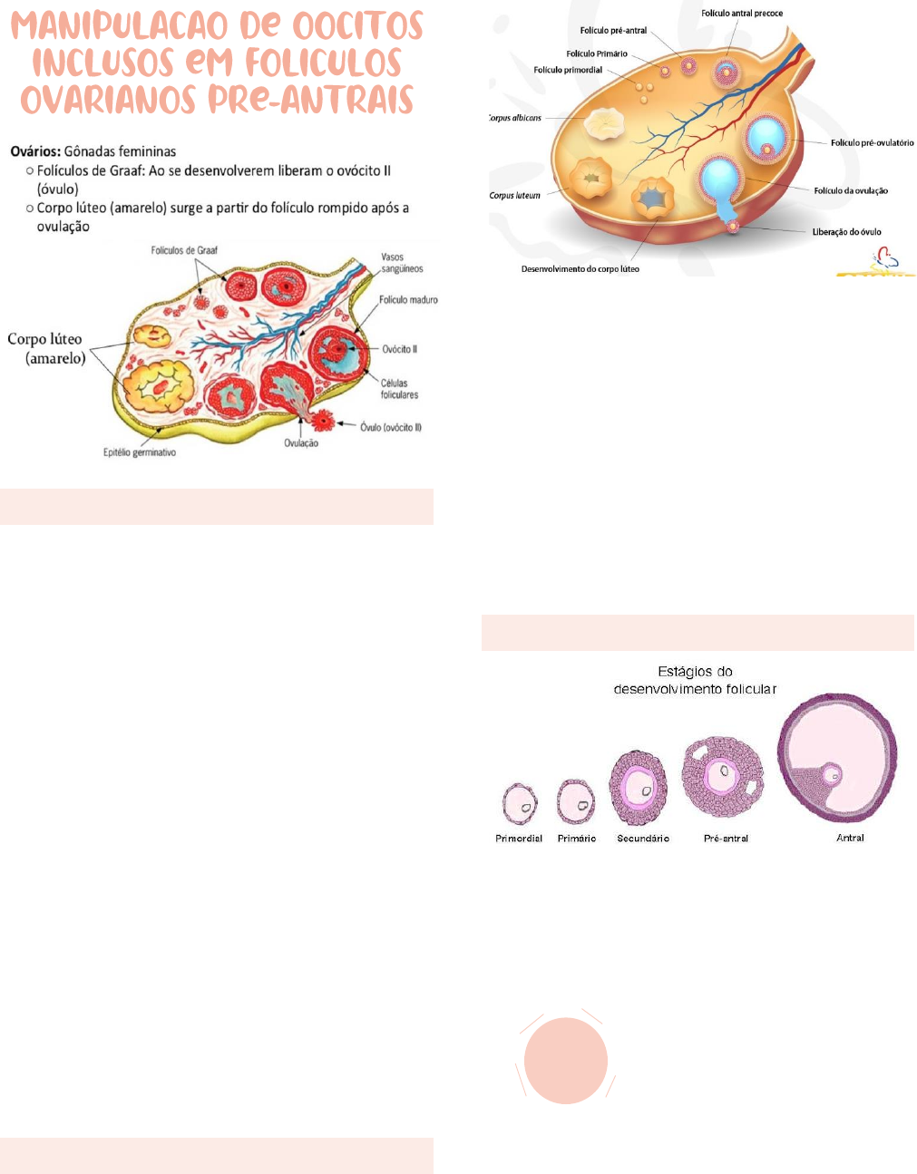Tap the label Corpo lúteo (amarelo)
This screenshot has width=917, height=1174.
[x=45, y=348]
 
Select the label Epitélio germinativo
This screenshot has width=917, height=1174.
[x=140, y=452]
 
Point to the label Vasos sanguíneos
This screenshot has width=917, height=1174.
[x=402, y=263]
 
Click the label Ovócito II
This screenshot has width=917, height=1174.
[x=399, y=349]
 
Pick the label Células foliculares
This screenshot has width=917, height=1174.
[x=399, y=389]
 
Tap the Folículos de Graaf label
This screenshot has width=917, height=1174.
[x=184, y=250]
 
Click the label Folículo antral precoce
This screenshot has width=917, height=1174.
[x=742, y=14]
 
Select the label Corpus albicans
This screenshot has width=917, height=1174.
[x=515, y=118]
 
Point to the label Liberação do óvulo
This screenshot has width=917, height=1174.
[x=846, y=232]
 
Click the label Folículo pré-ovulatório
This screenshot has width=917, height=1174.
[x=872, y=143]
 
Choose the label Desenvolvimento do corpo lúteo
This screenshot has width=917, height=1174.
[x=580, y=269]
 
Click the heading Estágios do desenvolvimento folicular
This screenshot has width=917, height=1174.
[x=695, y=680]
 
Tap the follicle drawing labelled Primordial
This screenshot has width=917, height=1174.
[x=520, y=802]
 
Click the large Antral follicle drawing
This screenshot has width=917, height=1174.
[x=837, y=758]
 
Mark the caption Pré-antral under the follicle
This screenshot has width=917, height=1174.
[x=726, y=839]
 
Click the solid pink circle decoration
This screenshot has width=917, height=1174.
[x=566, y=1060]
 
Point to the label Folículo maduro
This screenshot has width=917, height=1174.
[x=408, y=300]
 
